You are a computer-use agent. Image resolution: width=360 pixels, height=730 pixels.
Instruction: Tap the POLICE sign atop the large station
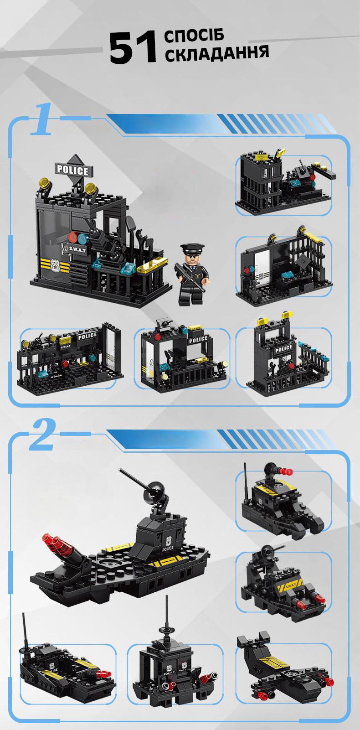click(x=72, y=171)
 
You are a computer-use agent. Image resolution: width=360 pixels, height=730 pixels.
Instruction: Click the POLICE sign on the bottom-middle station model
click(x=198, y=339)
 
